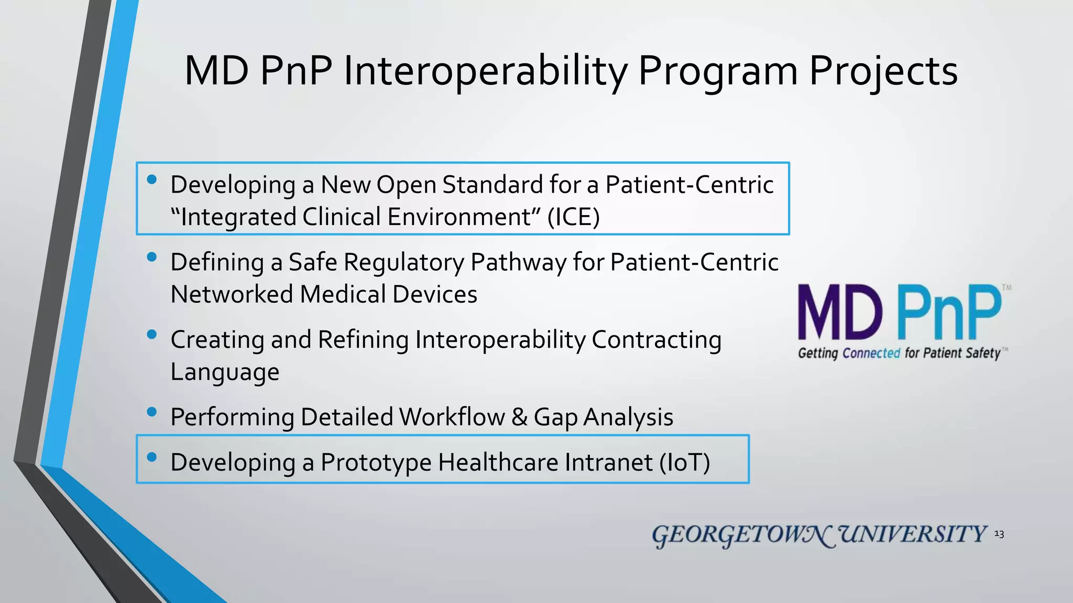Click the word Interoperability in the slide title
(x=485, y=72)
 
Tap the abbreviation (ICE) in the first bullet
(x=573, y=217)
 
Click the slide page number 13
(x=999, y=534)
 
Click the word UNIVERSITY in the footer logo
(x=913, y=534)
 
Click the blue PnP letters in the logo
(x=949, y=312)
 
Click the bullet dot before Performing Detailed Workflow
(x=152, y=412)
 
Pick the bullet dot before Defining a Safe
(x=152, y=257)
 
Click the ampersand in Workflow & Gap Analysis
(x=519, y=417)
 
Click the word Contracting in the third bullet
(x=656, y=340)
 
